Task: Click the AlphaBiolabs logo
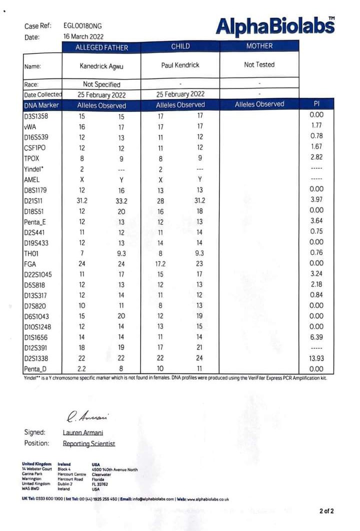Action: pyautogui.click(x=275, y=25)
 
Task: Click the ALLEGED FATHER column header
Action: pyautogui.click(x=101, y=47)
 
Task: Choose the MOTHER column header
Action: pyautogui.click(x=259, y=46)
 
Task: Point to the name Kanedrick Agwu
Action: pyautogui.click(x=101, y=65)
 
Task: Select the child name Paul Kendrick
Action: pyautogui.click(x=180, y=65)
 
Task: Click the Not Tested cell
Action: pyautogui.click(x=259, y=64)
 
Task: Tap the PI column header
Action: pyautogui.click(x=316, y=104)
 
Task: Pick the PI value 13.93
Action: pyautogui.click(x=315, y=358)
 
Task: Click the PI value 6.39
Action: pyautogui.click(x=316, y=337)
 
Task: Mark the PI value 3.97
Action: pyautogui.click(x=316, y=200)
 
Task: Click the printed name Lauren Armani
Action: pyautogui.click(x=83, y=432)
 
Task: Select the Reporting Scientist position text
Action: pyautogui.click(x=88, y=443)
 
